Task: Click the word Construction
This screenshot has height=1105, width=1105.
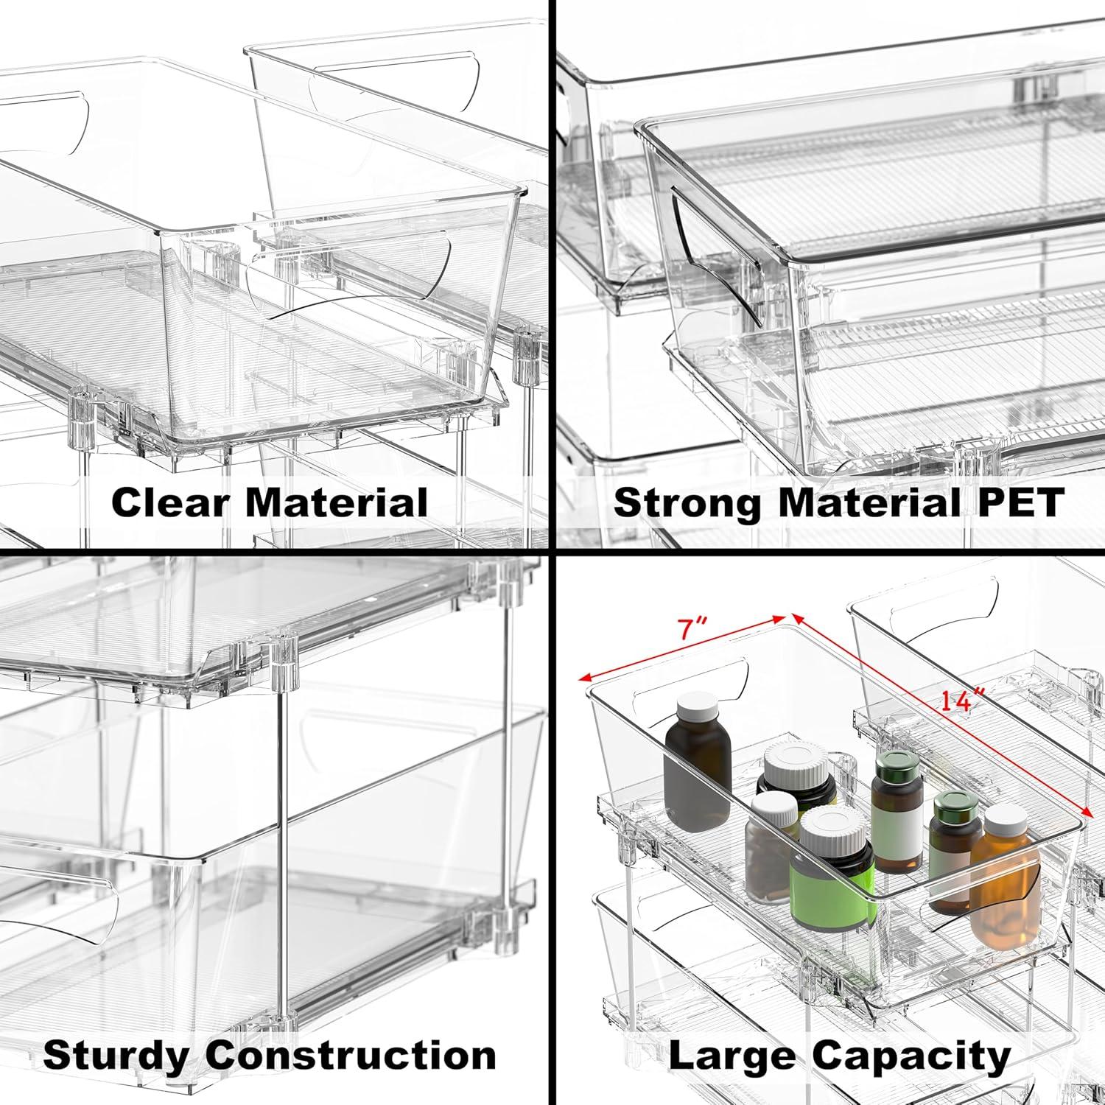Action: point(351,1056)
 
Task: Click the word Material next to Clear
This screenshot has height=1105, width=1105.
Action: point(337,503)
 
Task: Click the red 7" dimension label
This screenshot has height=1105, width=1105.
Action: point(692,629)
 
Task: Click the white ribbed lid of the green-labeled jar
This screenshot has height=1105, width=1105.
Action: point(835,828)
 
